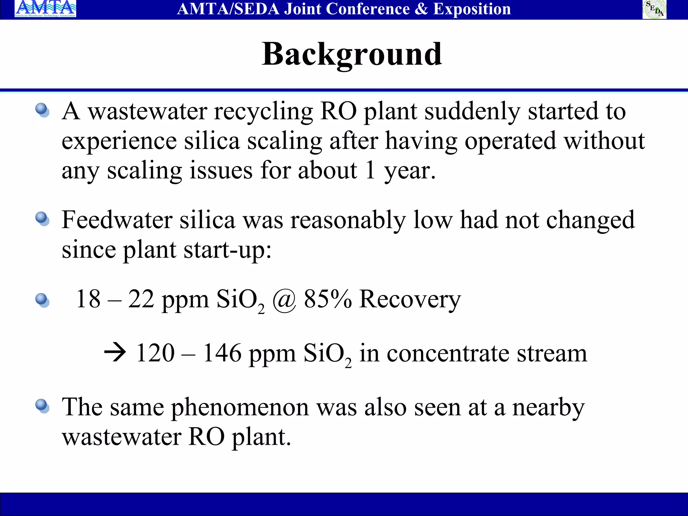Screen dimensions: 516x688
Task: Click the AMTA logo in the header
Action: [45, 9]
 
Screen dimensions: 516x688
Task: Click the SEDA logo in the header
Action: [654, 9]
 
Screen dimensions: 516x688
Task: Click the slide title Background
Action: [352, 54]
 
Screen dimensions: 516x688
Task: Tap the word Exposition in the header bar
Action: [472, 9]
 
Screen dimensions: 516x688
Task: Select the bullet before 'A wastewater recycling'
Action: [42, 110]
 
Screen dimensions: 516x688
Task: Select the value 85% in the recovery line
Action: [328, 299]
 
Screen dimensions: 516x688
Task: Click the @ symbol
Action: [284, 299]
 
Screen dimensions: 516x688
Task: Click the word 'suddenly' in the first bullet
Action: [472, 112]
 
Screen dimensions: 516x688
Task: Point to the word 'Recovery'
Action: [410, 299]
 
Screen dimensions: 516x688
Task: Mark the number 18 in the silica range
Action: [88, 299]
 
